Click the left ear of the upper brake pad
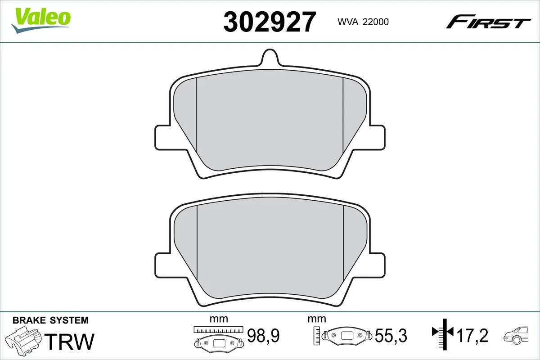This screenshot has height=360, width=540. tap(162, 137)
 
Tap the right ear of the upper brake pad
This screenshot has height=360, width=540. tap(378, 137)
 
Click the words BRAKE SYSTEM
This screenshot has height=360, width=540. tap(50, 320)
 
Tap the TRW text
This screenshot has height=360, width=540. tap(71, 341)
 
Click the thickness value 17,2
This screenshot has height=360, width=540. tap(473, 336)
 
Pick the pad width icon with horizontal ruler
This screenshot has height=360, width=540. tap(218, 337)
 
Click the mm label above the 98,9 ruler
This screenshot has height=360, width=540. tap(219, 319)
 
